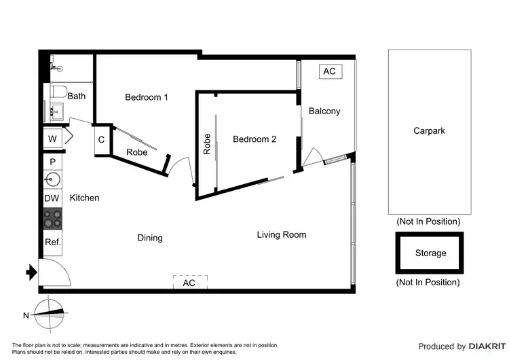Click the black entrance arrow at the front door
pos(31,273)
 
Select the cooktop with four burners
pos(52,218)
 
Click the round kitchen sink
pos(52,179)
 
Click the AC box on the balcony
pos(329,71)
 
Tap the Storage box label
pos(430,253)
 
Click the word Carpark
pos(429,130)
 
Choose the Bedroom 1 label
pos(147,97)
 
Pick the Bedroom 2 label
pos(254,139)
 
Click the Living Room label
pos(281,235)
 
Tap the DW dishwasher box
pos(52,198)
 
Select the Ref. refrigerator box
pos(52,242)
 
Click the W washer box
pos(52,139)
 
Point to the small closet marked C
pos(101,140)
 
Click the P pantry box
pos(52,162)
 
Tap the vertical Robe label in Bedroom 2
pos(207,144)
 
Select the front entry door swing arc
pos(58,272)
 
